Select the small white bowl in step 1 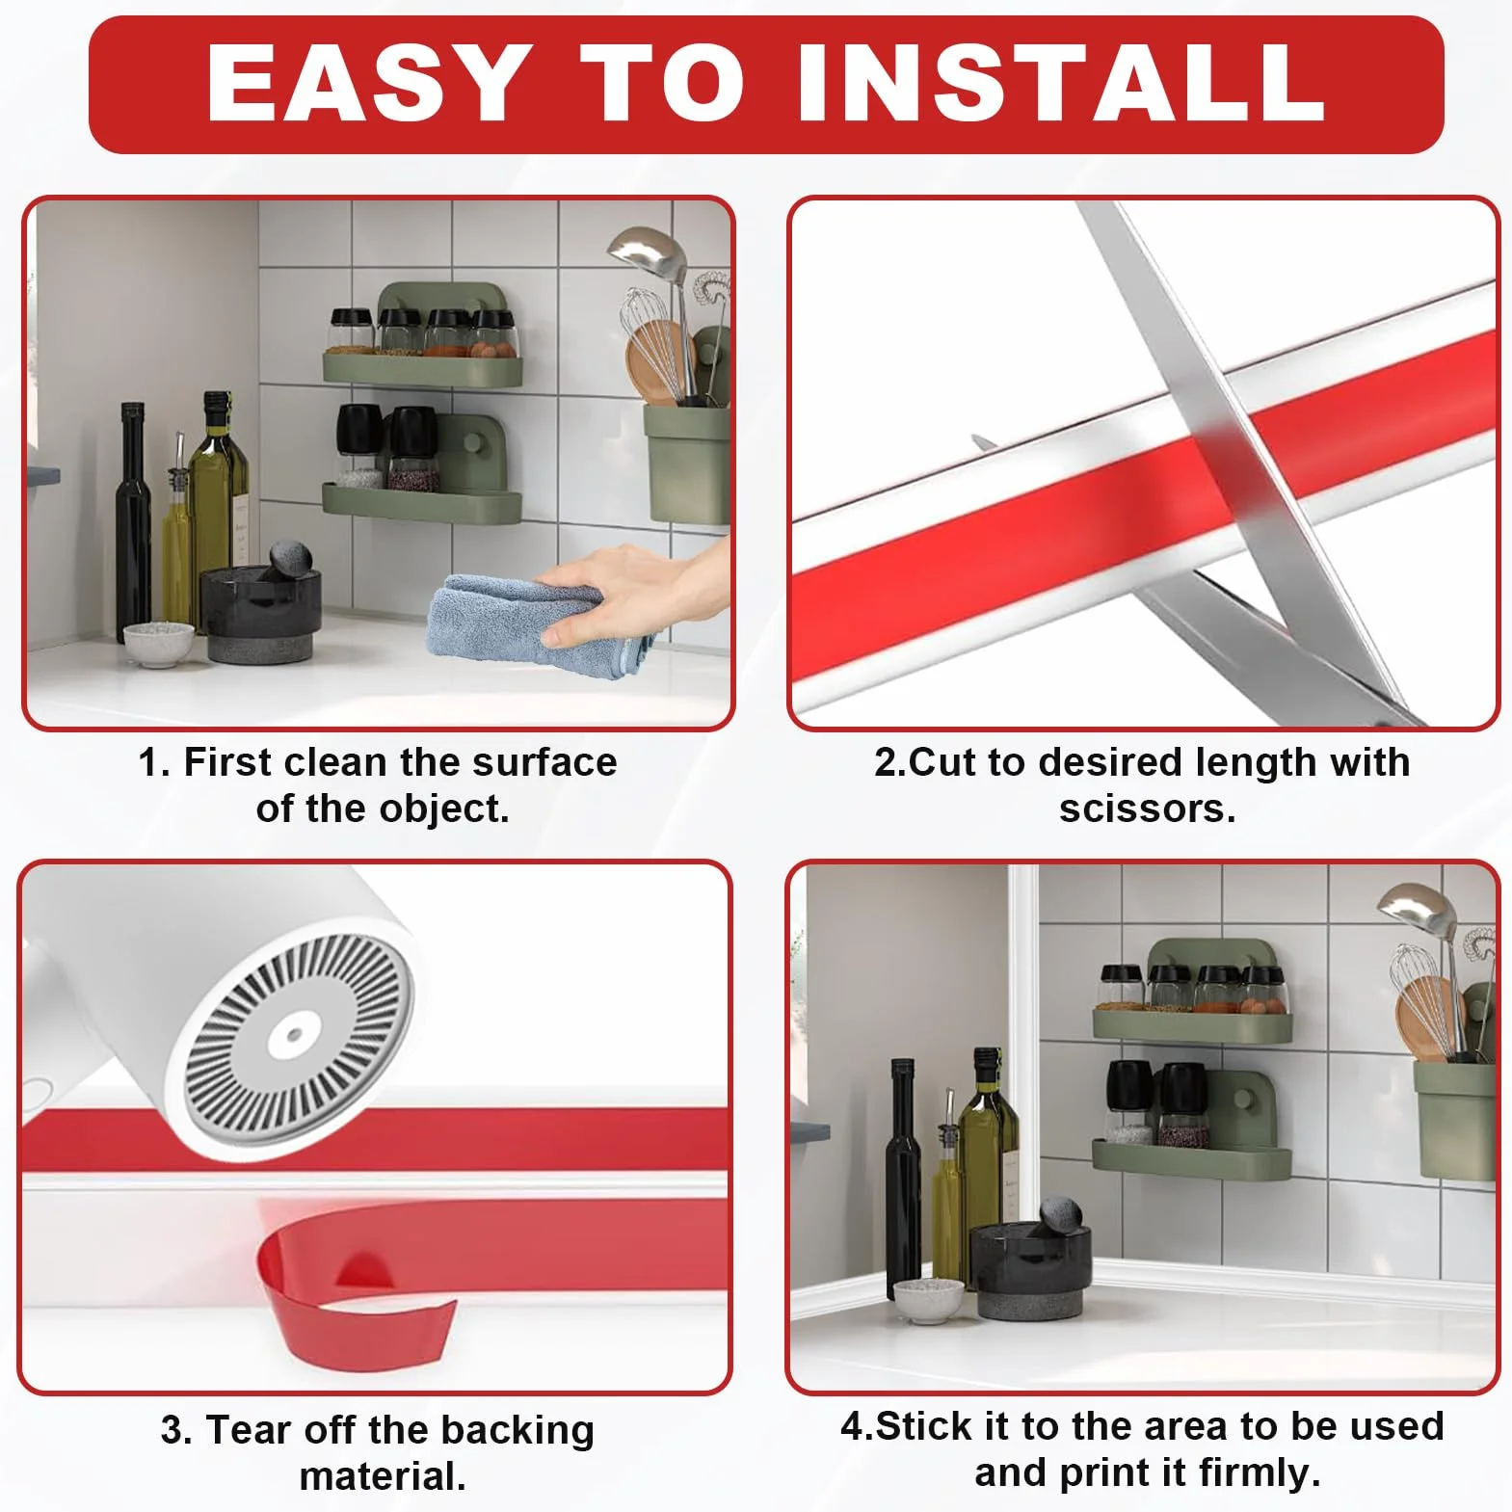coord(158,644)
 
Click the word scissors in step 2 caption coord(1147,809)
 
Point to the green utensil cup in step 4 coord(1455,1118)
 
